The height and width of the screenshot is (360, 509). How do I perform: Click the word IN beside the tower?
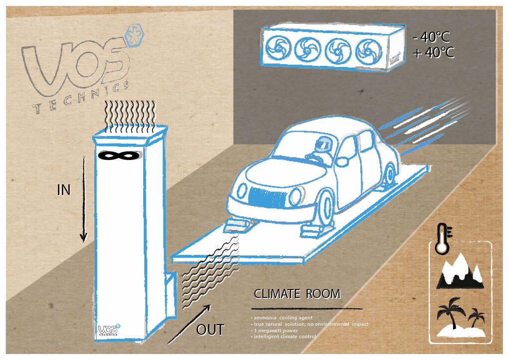pos(64,190)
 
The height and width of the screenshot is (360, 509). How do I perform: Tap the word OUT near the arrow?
pos(210,330)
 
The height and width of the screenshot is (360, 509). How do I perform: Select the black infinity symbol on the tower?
pos(118,156)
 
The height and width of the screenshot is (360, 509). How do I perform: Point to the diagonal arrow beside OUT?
pos(189,324)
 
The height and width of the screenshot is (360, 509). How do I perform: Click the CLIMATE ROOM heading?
pos(297,294)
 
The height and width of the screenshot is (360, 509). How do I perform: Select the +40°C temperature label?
pos(433,53)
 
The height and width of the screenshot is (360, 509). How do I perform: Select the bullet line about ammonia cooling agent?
pos(282,318)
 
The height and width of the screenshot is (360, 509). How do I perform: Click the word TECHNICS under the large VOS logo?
pos(82,98)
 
